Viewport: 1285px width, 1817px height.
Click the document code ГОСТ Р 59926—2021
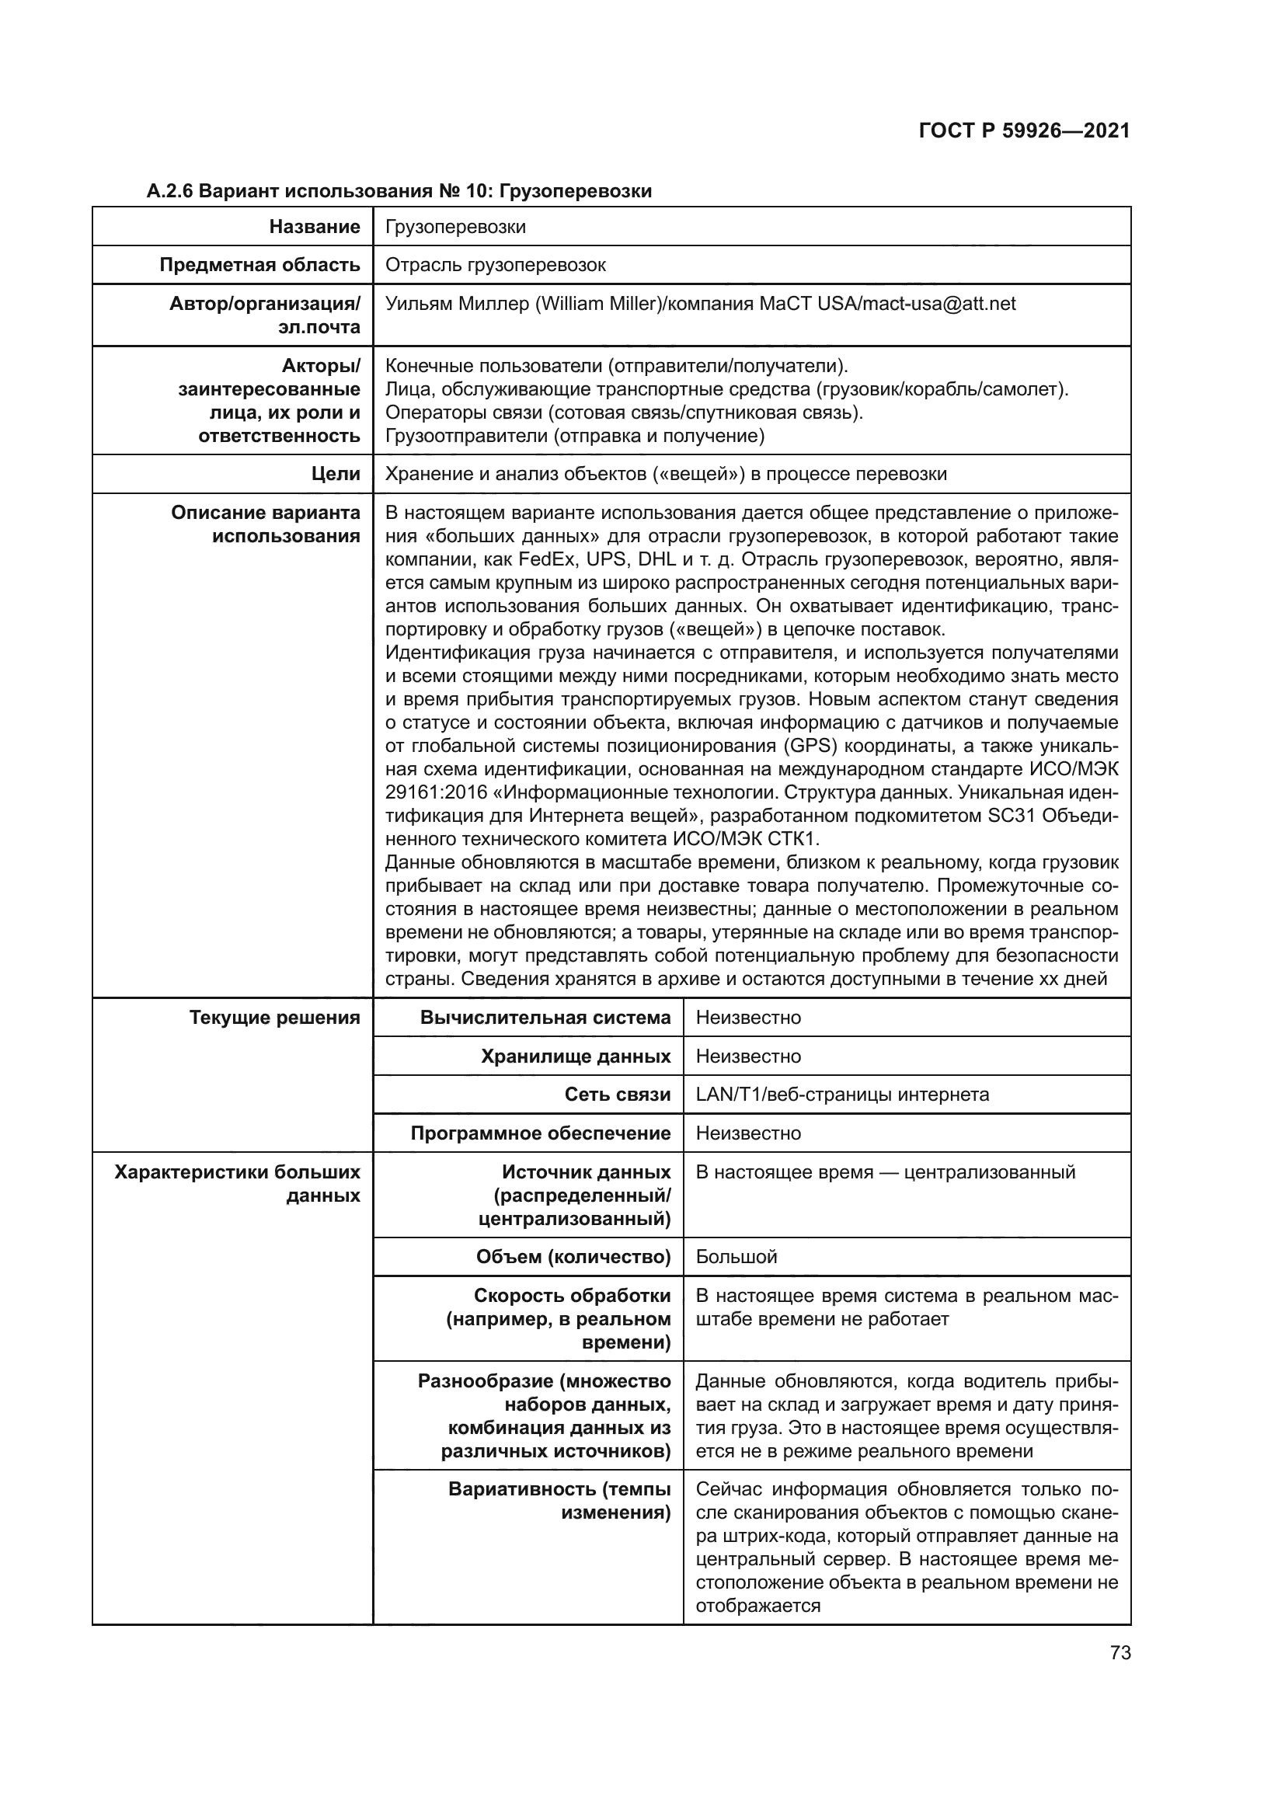click(x=1024, y=131)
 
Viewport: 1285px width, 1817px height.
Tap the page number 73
click(x=1120, y=1653)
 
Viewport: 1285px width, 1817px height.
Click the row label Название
click(x=314, y=227)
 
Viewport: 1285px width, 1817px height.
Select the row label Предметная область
click(x=259, y=265)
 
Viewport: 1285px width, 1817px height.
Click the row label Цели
click(x=336, y=474)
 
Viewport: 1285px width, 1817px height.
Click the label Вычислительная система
click(x=545, y=1018)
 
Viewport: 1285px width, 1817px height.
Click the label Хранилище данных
click(x=575, y=1056)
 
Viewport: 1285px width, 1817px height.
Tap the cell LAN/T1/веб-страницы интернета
click(x=842, y=1095)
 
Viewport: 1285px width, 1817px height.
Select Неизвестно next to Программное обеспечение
click(x=747, y=1133)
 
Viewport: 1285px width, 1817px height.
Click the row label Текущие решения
click(x=274, y=1018)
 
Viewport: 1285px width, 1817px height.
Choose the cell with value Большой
click(x=736, y=1257)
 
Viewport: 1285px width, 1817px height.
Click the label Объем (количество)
click(x=573, y=1257)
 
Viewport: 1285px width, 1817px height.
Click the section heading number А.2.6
click(x=170, y=192)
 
